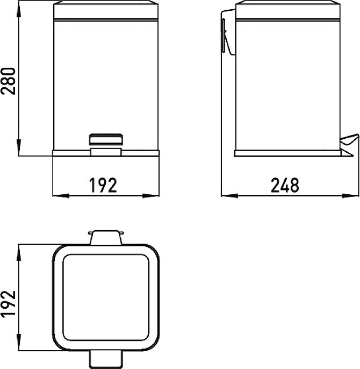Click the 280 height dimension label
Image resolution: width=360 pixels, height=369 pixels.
tap(9, 81)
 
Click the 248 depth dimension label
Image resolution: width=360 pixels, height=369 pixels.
tap(285, 186)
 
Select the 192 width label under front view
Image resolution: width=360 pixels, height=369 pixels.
tap(103, 186)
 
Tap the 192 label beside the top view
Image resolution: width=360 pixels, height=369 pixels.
tap(9, 304)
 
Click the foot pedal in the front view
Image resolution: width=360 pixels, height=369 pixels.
tap(106, 139)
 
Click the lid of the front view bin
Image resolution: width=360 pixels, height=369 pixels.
tap(106, 10)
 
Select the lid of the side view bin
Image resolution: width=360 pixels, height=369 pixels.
tap(287, 10)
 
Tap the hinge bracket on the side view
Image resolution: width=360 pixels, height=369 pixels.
tap(228, 32)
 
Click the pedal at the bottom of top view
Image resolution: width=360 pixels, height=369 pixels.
tap(106, 359)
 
